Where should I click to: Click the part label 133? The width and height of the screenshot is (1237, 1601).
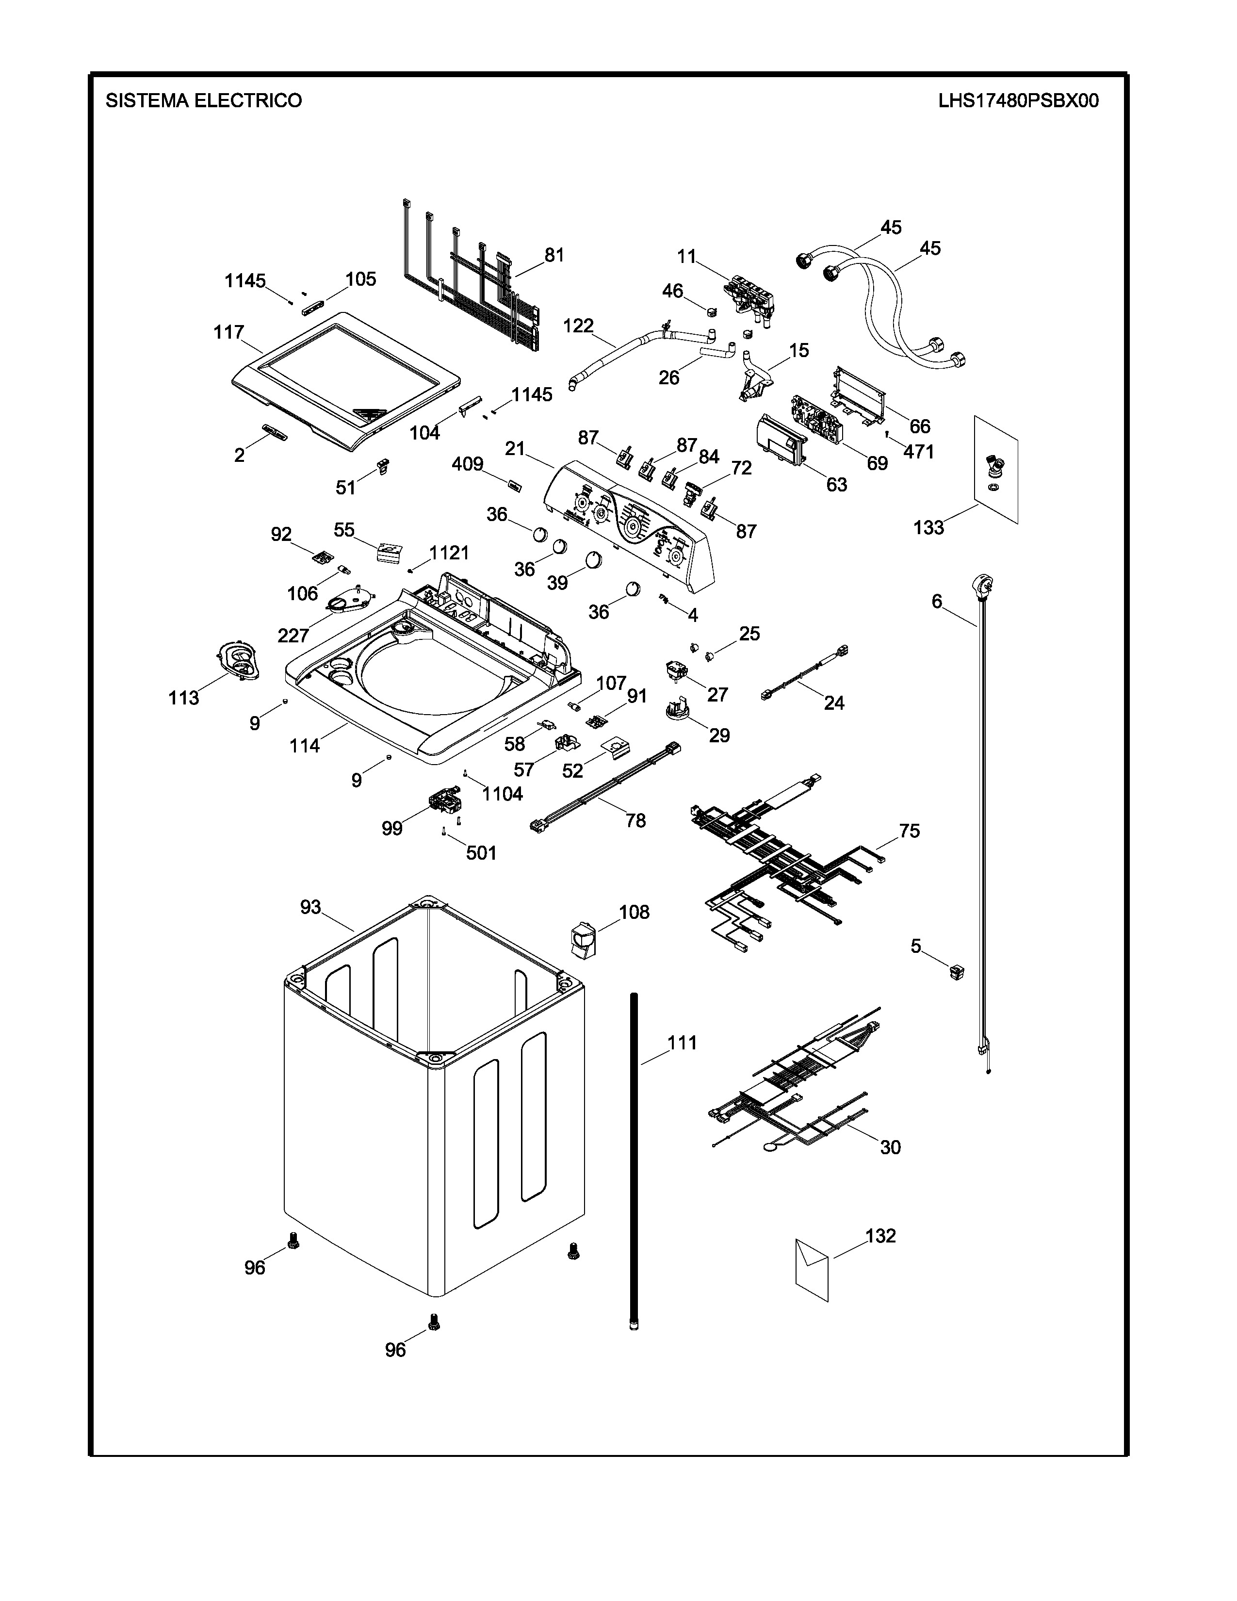(x=928, y=528)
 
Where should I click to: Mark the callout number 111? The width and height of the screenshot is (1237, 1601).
(x=682, y=1043)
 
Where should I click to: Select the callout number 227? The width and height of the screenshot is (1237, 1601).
(x=293, y=635)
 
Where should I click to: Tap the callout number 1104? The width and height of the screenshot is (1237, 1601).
(x=502, y=793)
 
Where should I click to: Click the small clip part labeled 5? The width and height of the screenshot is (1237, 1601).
(x=956, y=972)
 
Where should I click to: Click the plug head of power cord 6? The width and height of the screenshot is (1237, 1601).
(x=981, y=586)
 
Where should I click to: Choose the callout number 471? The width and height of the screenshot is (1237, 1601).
(x=918, y=452)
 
